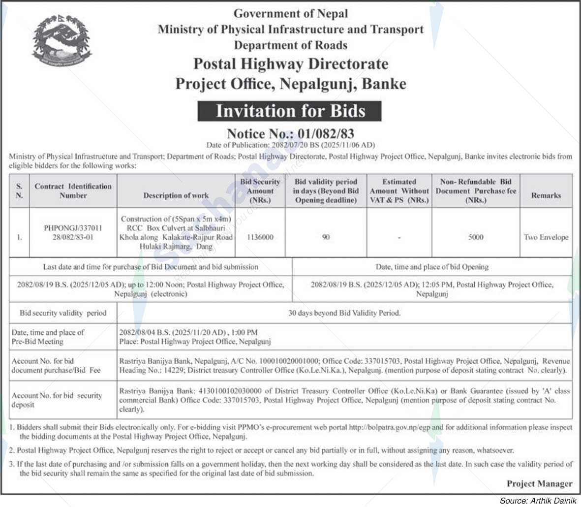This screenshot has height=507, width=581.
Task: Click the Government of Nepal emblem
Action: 61,41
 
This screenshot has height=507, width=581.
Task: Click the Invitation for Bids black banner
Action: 290,111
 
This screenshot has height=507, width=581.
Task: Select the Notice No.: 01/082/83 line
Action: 290,133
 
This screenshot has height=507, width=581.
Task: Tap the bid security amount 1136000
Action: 260,237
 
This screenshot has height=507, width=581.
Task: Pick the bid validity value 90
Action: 326,237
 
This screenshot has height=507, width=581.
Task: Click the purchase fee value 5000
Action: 476,237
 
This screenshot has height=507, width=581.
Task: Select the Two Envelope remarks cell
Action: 546,237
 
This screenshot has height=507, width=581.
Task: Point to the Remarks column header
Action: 546,195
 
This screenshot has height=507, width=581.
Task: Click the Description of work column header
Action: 176,195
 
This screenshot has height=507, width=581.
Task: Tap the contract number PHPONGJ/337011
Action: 73,228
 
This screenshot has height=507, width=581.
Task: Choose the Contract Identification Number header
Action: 73,190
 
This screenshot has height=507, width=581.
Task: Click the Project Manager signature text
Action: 539,483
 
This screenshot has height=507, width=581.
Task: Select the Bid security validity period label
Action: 63,313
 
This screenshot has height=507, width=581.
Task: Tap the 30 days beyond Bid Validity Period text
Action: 344,313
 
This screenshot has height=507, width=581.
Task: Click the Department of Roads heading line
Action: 290,45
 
